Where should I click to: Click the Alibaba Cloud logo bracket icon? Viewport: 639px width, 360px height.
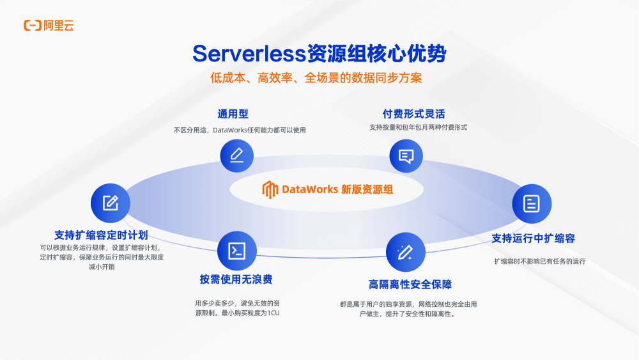33,26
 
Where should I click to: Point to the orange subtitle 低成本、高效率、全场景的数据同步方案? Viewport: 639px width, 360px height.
316,78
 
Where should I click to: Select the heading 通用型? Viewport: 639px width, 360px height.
233,114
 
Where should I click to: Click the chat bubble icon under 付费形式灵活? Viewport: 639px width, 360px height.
406,155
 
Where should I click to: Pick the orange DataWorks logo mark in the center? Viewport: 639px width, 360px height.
270,189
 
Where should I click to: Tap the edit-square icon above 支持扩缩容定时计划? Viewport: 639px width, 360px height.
111,203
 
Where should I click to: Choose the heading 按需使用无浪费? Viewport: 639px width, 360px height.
236,279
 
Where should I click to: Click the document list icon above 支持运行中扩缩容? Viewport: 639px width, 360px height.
531,203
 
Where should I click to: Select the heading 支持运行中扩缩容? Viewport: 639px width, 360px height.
534,239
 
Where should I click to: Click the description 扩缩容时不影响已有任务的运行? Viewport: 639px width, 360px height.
540,261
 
